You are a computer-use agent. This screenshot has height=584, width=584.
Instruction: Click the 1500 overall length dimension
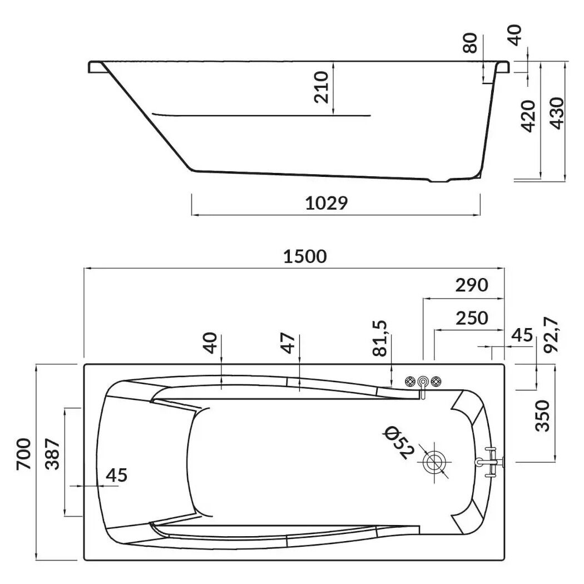(305, 256)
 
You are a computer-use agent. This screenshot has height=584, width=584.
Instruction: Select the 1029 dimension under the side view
(326, 204)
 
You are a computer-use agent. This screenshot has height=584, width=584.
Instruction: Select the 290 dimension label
(472, 285)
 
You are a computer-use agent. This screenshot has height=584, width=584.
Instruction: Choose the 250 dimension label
(472, 318)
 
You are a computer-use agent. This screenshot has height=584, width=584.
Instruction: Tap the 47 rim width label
(288, 344)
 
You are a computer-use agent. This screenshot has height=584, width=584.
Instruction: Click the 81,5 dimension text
(380, 338)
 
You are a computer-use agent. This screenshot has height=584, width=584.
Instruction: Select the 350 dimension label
(542, 415)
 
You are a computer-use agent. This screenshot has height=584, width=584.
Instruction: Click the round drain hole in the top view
(435, 462)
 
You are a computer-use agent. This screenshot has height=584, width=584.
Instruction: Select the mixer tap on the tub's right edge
(490, 462)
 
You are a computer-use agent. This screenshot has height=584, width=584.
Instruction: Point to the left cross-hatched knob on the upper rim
(411, 381)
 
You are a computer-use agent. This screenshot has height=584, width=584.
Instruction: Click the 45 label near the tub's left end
(117, 475)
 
